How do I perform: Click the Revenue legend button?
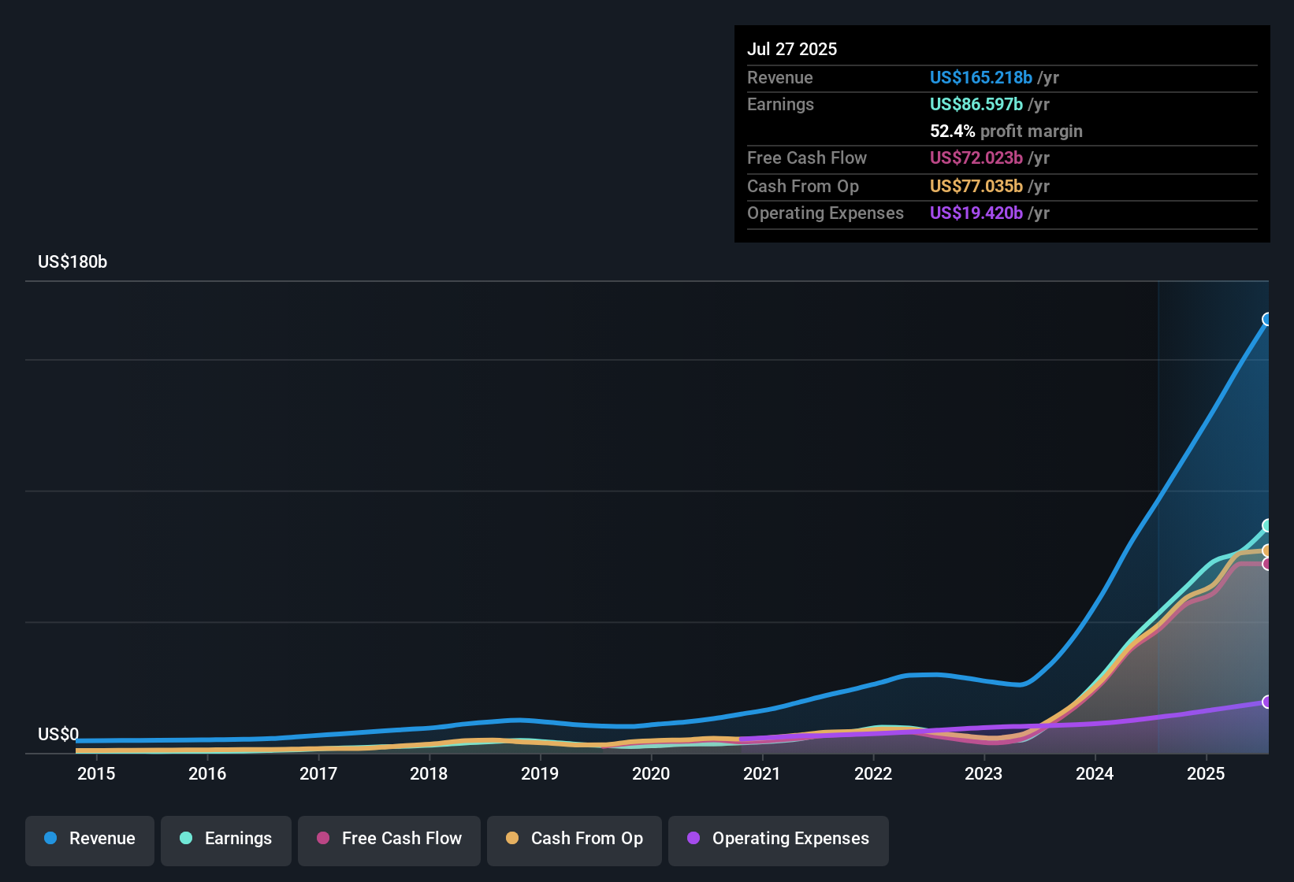point(90,839)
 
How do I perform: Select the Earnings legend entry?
point(226,839)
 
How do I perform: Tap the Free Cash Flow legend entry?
point(389,839)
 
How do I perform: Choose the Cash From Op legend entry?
point(574,839)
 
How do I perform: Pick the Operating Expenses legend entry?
point(779,839)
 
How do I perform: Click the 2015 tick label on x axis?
point(96,774)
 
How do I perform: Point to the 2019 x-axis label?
point(540,774)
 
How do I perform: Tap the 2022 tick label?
point(873,774)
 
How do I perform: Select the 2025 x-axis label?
point(1206,774)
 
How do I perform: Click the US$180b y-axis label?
point(73,262)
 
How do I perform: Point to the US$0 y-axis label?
point(58,735)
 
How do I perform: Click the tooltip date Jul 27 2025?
point(792,50)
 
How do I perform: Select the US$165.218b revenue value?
point(981,78)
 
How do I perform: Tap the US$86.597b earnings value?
point(976,105)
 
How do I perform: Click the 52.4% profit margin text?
point(1006,132)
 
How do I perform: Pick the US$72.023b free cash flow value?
point(976,158)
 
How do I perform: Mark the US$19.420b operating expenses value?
point(976,213)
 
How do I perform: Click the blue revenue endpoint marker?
point(1267,319)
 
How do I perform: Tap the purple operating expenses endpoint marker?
point(1267,702)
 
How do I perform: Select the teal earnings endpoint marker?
point(1267,525)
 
